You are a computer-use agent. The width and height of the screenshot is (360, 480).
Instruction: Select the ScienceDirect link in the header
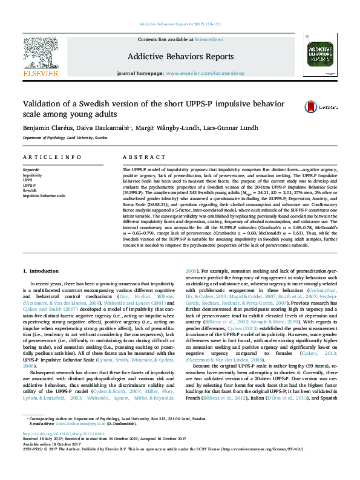coord(209,39)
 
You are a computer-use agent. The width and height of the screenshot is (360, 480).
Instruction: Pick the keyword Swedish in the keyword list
coord(30,190)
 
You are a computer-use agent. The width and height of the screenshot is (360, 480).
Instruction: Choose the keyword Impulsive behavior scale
coord(44,195)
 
